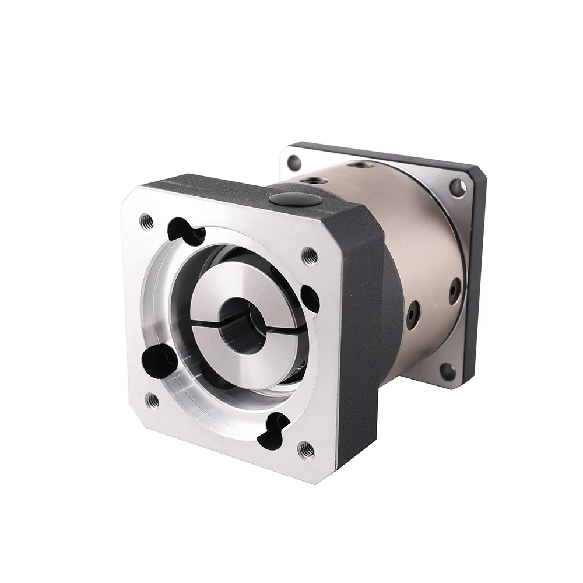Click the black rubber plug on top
click(x=294, y=199)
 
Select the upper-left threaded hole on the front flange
click(x=146, y=221)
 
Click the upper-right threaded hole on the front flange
click(x=309, y=255)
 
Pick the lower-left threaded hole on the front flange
click(x=152, y=400)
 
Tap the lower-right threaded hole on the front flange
click(x=305, y=449)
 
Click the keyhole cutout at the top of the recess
click(x=185, y=231)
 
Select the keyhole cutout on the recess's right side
click(x=310, y=298)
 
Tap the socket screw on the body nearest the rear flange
click(x=455, y=290)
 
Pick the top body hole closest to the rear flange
click(x=363, y=165)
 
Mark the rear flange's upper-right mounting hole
click(x=458, y=188)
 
